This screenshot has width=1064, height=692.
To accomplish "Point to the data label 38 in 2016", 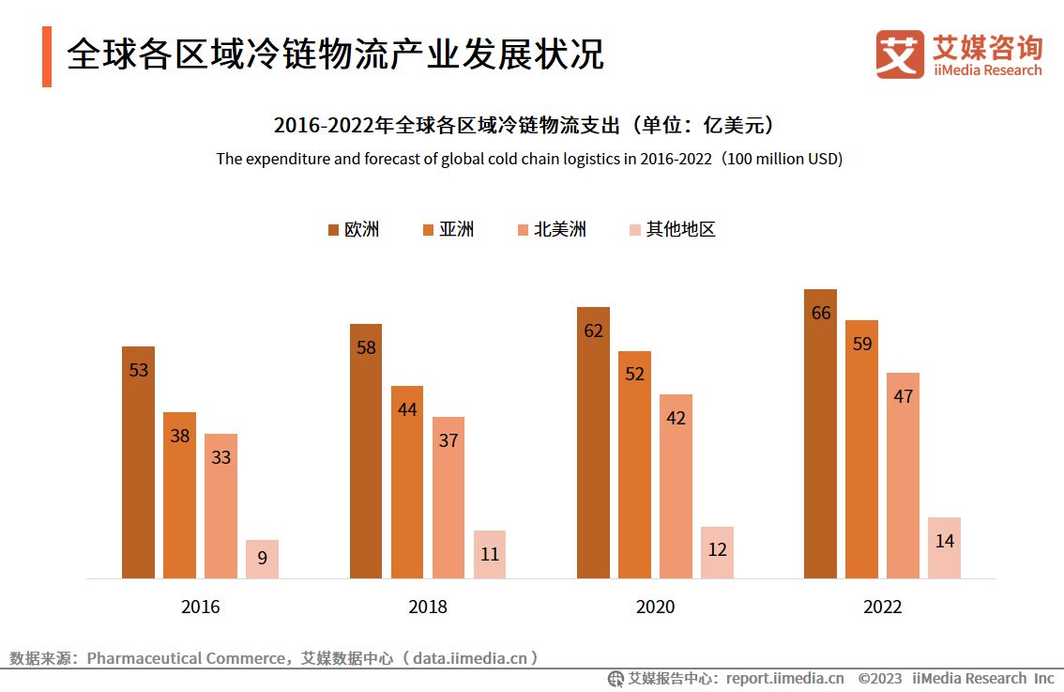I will click(180, 436).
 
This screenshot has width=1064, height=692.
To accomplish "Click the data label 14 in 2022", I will click(944, 541).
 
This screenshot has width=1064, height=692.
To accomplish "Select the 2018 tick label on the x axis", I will click(428, 607).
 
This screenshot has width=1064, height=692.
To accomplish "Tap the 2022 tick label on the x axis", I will click(882, 607).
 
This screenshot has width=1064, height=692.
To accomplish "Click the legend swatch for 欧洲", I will click(333, 230).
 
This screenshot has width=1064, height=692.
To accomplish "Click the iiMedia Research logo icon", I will click(900, 54).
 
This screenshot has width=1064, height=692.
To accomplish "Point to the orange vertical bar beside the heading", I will click(47, 56).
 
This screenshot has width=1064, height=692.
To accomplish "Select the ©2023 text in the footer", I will click(879, 678).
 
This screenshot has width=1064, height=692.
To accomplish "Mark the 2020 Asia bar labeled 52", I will click(634, 465).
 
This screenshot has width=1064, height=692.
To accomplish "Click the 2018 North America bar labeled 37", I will click(448, 498).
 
